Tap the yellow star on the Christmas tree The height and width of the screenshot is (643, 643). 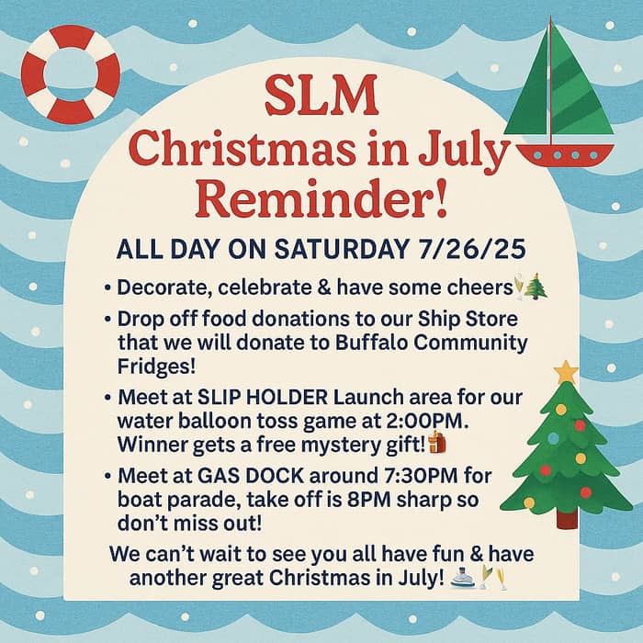[x=566, y=372]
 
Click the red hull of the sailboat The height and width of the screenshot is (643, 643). [x=564, y=154]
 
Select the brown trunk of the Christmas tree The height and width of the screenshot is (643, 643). [x=568, y=518]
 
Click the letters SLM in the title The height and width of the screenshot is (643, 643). [x=320, y=95]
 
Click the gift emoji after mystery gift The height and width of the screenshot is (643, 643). [x=436, y=446]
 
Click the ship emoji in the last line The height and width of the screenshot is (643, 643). [x=465, y=579]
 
